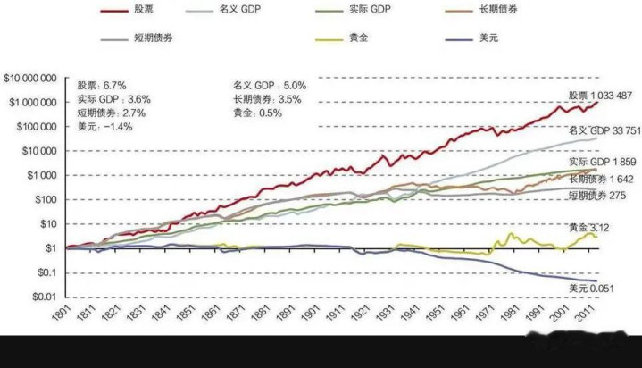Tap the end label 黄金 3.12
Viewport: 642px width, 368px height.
pos(591,229)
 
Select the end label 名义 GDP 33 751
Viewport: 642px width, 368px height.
pos(603,130)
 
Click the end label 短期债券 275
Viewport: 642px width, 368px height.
pos(598,194)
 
